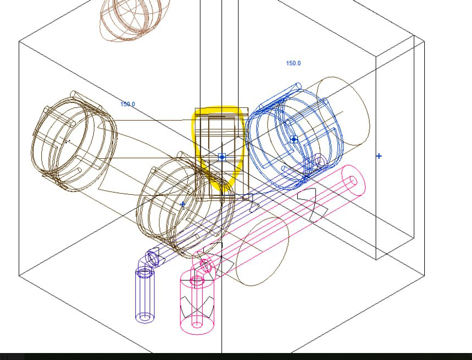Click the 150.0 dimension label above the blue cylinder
tap(293, 63)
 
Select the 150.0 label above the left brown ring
tap(128, 104)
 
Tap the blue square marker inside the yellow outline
tap(222, 157)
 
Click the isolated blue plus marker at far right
tap(379, 156)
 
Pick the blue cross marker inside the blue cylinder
tap(294, 139)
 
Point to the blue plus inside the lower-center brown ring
tap(183, 204)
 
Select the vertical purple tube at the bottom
tap(145, 295)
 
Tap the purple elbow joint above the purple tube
tap(151, 258)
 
